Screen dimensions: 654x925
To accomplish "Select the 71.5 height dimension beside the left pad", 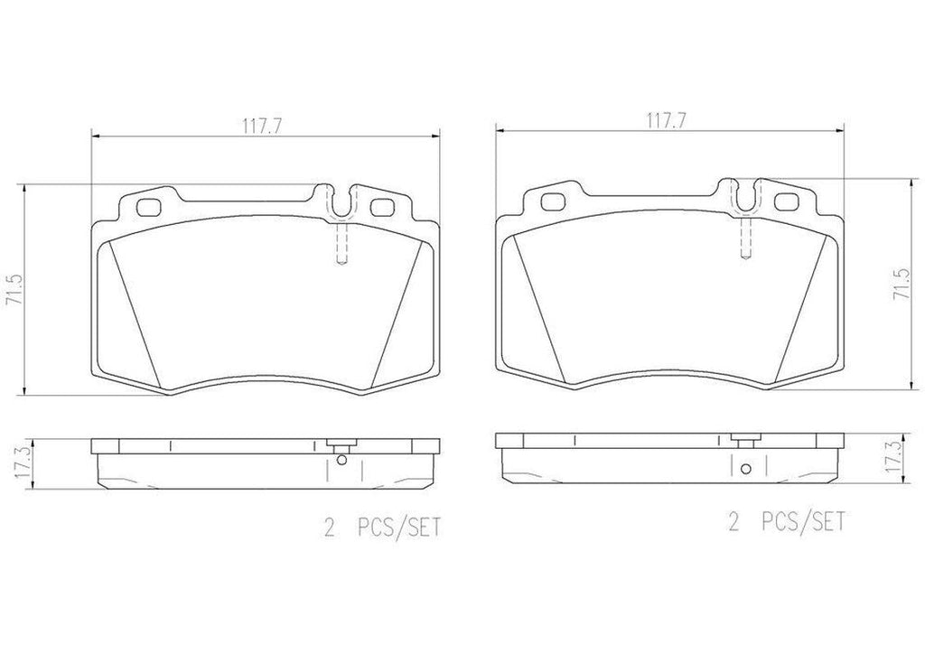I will [x=12, y=289].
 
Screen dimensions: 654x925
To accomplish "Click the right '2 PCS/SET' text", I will [x=787, y=520].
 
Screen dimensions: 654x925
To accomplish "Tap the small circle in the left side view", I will [x=341, y=460].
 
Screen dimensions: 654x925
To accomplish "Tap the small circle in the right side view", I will [x=745, y=469].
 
